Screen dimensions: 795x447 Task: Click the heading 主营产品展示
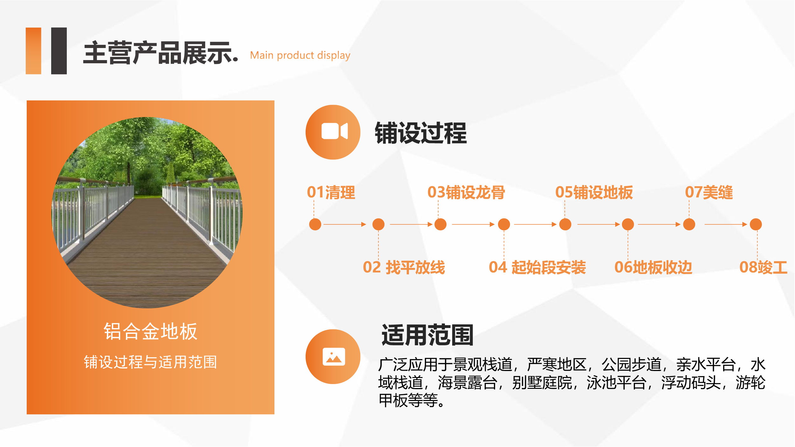[161, 53]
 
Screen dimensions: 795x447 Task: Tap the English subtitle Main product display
[300, 55]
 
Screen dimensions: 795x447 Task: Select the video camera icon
[335, 131]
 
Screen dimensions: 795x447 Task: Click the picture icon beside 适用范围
[334, 356]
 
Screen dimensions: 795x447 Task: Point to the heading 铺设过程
[421, 133]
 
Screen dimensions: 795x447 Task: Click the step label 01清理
[331, 192]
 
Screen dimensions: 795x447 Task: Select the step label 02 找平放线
[404, 267]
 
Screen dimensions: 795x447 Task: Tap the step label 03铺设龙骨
[466, 192]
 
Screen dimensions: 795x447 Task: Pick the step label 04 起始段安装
[537, 267]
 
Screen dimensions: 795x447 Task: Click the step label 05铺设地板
[594, 192]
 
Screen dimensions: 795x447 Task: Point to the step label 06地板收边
[653, 267]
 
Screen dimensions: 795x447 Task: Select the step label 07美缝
[709, 192]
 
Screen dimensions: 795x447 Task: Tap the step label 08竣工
[763, 267]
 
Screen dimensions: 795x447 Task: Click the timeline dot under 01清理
[315, 224]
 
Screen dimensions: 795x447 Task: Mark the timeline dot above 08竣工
[756, 224]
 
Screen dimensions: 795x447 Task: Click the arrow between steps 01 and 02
[345, 224]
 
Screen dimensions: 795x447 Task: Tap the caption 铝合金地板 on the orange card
[150, 331]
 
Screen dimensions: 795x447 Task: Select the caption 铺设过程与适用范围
[150, 362]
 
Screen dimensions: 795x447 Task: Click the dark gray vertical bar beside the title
[59, 51]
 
